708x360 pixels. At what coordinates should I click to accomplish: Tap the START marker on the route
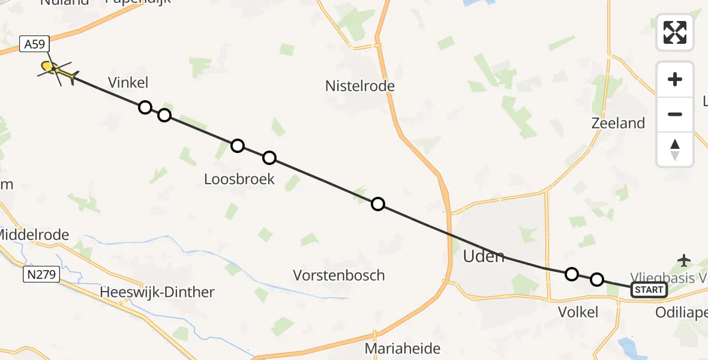(x=649, y=290)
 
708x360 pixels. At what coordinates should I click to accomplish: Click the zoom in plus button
(x=675, y=80)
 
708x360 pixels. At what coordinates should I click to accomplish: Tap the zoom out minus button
(x=675, y=114)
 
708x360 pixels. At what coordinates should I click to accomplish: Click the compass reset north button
(x=675, y=149)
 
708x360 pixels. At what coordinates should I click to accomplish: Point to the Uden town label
(x=484, y=256)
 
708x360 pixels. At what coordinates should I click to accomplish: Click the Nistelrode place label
(x=360, y=86)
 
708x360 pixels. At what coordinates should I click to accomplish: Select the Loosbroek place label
(x=239, y=179)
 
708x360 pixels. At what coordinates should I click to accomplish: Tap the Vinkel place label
(x=128, y=82)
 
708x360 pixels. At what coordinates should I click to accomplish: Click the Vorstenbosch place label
(x=339, y=275)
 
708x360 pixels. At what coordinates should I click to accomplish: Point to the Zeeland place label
(x=618, y=123)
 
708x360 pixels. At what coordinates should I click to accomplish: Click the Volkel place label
(x=578, y=312)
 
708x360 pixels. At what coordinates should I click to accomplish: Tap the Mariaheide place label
(x=403, y=349)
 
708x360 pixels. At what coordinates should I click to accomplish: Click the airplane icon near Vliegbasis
(x=684, y=260)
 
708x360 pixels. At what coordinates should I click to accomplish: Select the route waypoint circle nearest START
(x=596, y=280)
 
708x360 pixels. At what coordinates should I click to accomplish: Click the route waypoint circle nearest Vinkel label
(x=145, y=107)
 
